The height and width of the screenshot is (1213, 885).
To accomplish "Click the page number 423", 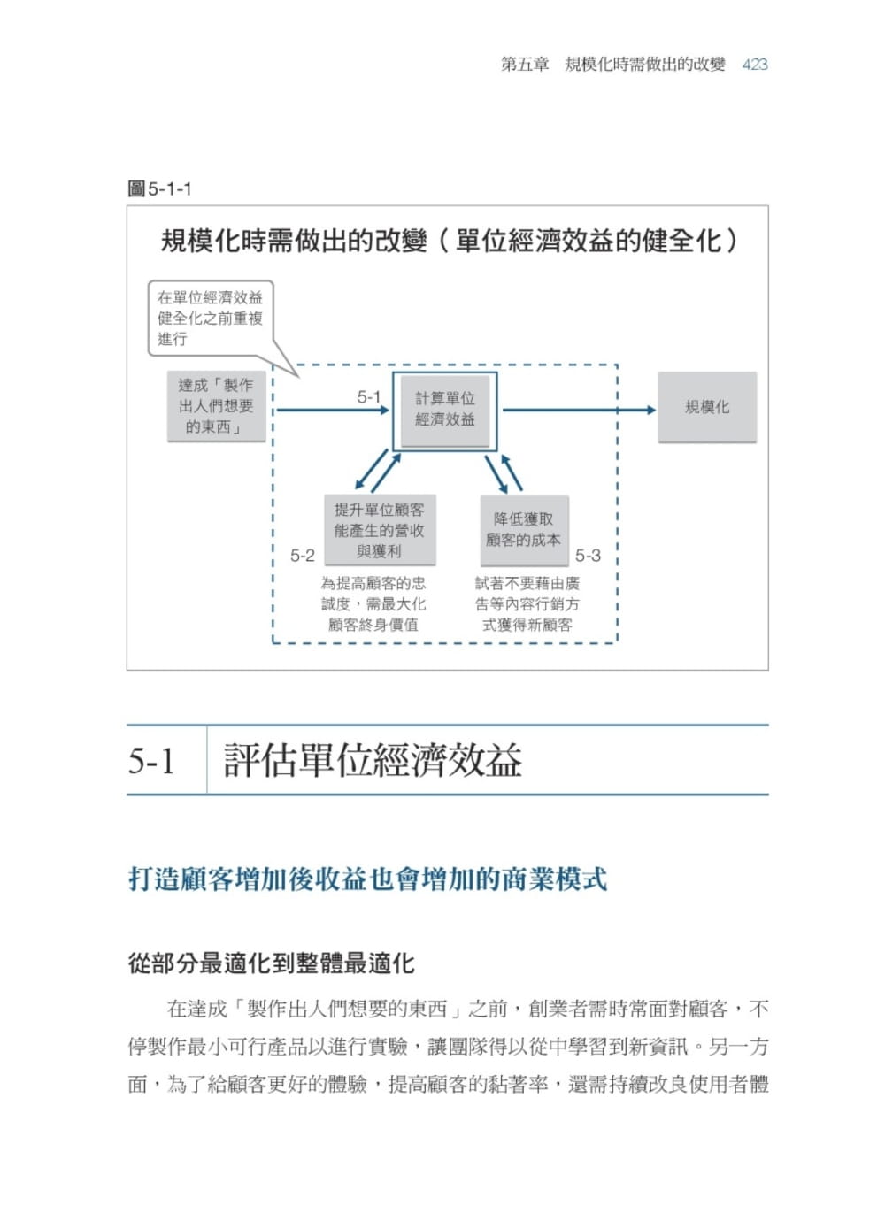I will pos(755,65).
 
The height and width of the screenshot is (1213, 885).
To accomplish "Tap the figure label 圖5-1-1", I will pos(160,188).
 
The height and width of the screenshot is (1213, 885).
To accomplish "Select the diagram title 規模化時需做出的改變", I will pos(294,241).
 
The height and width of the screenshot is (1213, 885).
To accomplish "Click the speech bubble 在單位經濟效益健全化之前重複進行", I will pos(211,319).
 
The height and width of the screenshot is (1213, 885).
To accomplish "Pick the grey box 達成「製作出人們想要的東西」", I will pos(216,406).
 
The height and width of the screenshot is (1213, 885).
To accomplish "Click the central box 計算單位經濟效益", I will pos(445,409).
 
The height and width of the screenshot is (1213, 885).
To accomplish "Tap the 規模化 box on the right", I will pos(707,407).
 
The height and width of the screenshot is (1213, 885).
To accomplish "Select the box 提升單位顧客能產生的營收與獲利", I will pos(379,530).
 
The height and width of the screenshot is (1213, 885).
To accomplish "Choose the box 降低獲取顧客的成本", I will pos(523,530).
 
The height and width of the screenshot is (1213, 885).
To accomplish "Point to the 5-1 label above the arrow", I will pos(368,397).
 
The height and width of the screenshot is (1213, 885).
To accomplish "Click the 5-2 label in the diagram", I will pos(303,556).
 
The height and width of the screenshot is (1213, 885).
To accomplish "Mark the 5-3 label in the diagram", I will pos(588,556).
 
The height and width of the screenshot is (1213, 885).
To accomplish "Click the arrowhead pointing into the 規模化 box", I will pos(650,410).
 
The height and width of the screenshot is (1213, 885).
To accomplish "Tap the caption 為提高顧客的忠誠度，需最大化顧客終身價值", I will pos(373,604).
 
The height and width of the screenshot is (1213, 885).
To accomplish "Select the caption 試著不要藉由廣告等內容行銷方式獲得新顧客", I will pos(527,604).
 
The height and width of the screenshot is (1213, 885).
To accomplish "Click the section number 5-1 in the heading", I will pos(151,761).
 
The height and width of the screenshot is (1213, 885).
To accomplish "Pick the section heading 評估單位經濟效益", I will pos(373,761).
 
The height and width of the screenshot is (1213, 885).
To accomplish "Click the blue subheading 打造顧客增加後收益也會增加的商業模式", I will pos(367,879).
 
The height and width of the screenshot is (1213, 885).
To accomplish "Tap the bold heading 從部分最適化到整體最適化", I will pos(271,963).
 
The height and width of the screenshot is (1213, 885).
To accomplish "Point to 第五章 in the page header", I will pos(525,65).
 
